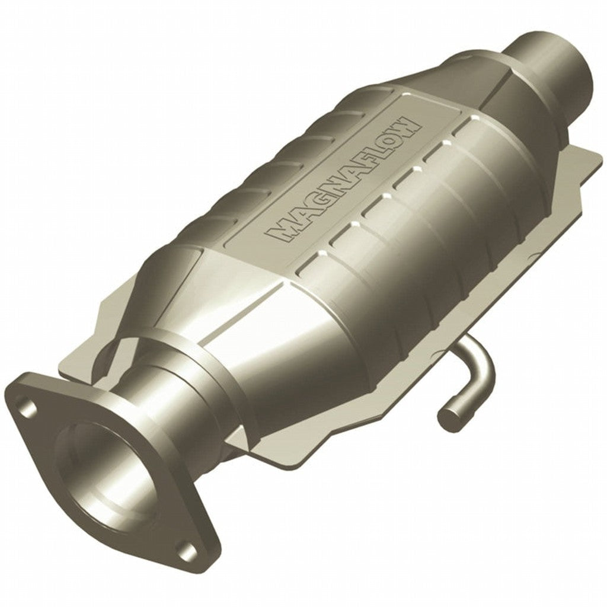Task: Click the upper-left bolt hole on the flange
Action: pyautogui.click(x=27, y=405)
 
